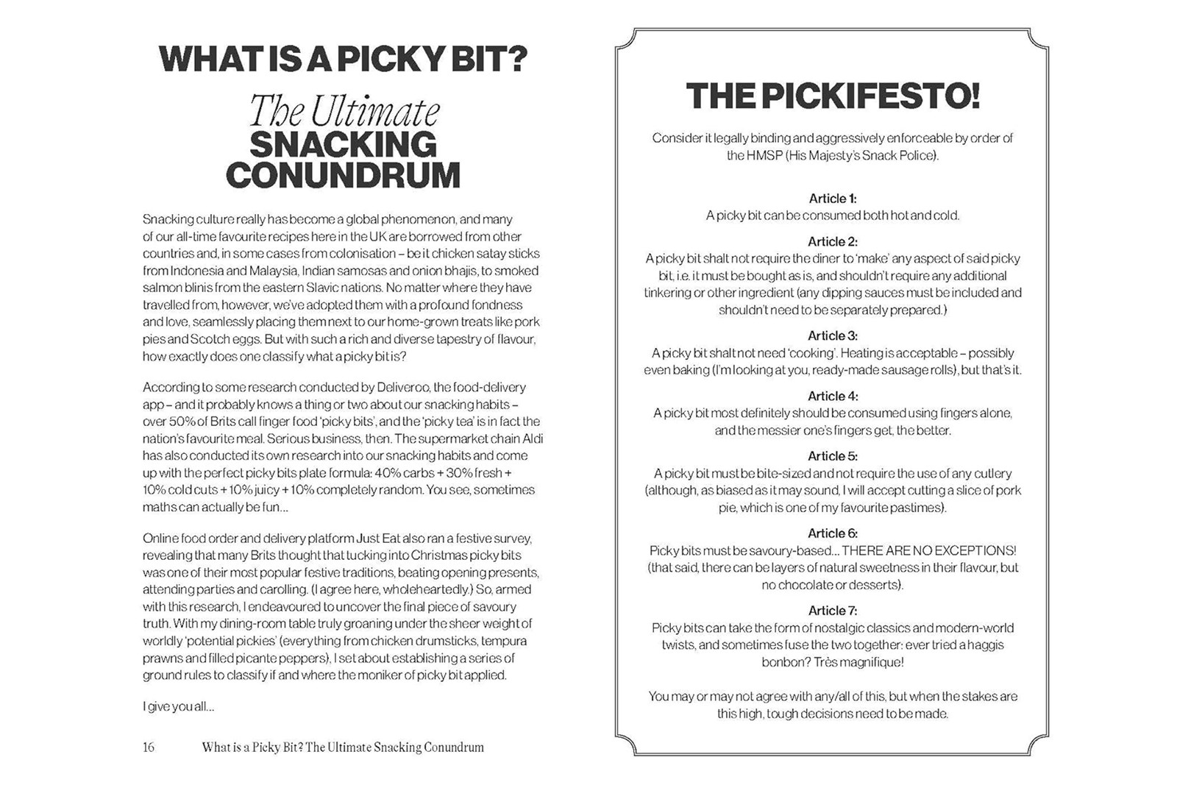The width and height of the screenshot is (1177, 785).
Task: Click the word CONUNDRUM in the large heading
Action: tap(343, 176)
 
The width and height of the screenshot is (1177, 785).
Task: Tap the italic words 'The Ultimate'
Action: tap(344, 112)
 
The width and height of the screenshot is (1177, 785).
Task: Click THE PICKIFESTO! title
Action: tap(833, 96)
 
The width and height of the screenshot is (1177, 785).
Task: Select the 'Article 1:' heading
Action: tap(833, 199)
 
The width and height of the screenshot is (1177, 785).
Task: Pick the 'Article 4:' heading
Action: tap(833, 396)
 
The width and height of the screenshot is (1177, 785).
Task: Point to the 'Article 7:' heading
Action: tap(833, 611)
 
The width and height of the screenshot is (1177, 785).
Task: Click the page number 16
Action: tap(149, 747)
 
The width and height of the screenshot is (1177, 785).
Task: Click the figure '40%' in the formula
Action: tap(388, 473)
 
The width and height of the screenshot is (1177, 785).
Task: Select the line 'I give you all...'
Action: tap(179, 707)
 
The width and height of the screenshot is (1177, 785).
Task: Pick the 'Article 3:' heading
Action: tap(833, 336)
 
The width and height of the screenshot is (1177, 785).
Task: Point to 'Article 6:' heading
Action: tap(833, 533)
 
